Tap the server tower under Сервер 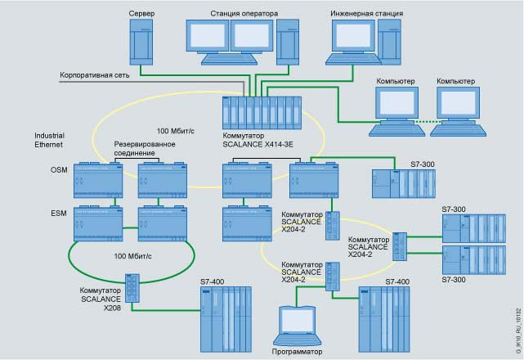pos(141,41)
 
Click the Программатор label pos(298,352)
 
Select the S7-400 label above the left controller pos(213,283)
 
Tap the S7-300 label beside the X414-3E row pos(422,164)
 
